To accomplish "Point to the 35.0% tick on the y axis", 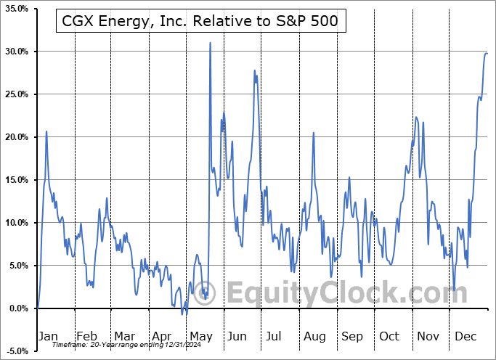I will (16, 9).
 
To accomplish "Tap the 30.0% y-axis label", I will (16, 52).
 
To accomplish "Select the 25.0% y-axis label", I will (16, 94).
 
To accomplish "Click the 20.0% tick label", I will (16, 137).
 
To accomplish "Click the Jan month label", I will (48, 337).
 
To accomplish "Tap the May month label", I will (201, 337).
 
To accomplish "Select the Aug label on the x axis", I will (314, 337).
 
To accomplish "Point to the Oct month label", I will (389, 337).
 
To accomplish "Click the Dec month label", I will (465, 337).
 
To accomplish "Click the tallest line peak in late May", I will (211, 43).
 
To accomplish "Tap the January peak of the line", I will (46, 131).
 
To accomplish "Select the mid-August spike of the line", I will (313, 133).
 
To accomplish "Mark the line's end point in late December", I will (487, 53).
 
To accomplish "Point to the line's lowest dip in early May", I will (185, 314).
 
